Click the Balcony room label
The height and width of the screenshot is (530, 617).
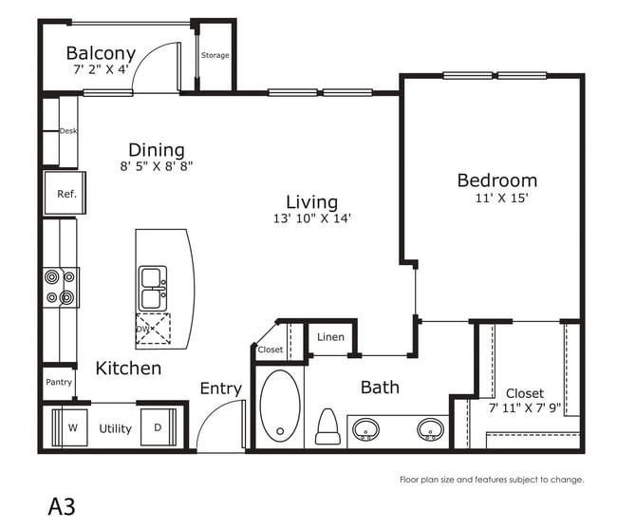pos(101,53)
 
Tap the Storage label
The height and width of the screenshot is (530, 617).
pos(215,55)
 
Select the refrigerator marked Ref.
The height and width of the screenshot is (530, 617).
pos(65,193)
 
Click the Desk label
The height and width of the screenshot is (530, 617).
pos(68,131)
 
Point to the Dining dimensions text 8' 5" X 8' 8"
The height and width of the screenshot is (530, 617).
pos(157,166)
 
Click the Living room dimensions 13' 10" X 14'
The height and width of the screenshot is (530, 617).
pos(312,218)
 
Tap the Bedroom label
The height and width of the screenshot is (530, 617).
pos(497,180)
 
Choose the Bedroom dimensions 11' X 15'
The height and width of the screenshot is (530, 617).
pos(501,198)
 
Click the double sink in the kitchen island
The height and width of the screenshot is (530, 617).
pos(153,288)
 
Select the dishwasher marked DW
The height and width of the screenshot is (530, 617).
pos(153,329)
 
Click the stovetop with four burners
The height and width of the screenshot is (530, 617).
pos(61,288)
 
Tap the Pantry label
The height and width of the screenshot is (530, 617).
pos(59,382)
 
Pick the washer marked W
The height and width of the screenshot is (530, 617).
pos(69,427)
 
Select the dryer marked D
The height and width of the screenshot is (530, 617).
pos(159,427)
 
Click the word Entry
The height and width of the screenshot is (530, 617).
pos(221,388)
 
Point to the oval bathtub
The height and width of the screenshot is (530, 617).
pos(280,407)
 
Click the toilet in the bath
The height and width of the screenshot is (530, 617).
pos(327,426)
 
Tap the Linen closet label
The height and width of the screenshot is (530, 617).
pos(330,337)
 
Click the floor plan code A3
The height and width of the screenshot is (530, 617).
pos(62,506)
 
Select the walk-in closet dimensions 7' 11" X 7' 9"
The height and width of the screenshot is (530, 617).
pos(525,407)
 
